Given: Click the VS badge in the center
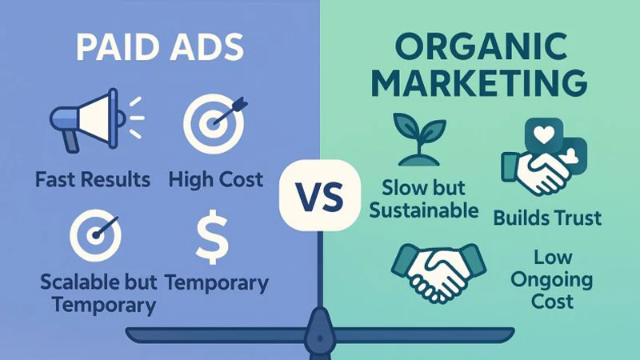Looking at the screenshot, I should tap(319, 194).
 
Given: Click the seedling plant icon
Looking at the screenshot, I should tap(417, 137).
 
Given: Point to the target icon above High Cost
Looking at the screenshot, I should tap(211, 120).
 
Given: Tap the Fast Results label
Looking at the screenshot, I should tap(93, 179).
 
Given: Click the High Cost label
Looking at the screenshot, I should tap(215, 179).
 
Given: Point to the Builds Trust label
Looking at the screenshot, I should tap(548, 217).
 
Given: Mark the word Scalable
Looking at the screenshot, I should tap(73, 283).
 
